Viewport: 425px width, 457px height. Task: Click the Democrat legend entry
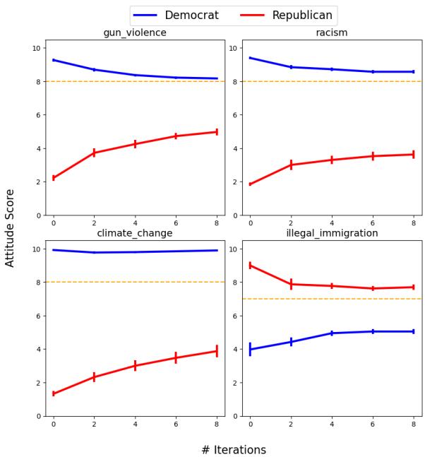tap(176, 16)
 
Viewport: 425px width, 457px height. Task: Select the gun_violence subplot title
tap(135, 32)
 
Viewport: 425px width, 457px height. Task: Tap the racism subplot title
tap(331, 32)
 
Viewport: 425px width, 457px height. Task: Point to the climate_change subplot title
tap(135, 233)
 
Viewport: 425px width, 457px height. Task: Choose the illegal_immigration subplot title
tap(331, 233)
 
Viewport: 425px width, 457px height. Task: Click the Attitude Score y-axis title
tap(10, 227)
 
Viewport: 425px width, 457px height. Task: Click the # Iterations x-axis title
tap(234, 450)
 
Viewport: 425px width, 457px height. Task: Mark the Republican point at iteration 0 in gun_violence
tap(54, 178)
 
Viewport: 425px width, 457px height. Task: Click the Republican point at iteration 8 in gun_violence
tap(217, 131)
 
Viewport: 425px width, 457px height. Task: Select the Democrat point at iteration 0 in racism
tap(250, 58)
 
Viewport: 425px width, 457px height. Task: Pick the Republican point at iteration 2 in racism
tap(291, 165)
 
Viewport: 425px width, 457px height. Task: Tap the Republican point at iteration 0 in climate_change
tap(54, 393)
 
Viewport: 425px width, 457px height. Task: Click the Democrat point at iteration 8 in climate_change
tap(217, 250)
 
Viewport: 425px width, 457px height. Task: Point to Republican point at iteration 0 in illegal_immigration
tap(250, 265)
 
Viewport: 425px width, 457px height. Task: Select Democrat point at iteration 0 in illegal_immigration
tap(250, 349)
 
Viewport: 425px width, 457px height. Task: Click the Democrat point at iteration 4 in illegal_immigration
tap(332, 333)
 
